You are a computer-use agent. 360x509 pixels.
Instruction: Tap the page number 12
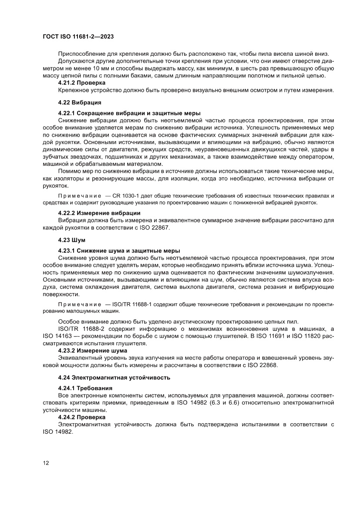click(x=46, y=462)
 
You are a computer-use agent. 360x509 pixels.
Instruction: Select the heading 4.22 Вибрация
click(x=80, y=103)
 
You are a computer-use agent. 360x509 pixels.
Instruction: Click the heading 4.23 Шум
click(x=72, y=240)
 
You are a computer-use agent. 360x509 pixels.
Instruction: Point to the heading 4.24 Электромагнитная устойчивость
click(x=114, y=377)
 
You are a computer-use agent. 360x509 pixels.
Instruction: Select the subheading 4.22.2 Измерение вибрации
click(x=99, y=213)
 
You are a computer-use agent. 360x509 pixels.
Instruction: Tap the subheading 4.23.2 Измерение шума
click(x=93, y=350)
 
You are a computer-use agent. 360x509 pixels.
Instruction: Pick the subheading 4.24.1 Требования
click(x=85, y=388)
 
